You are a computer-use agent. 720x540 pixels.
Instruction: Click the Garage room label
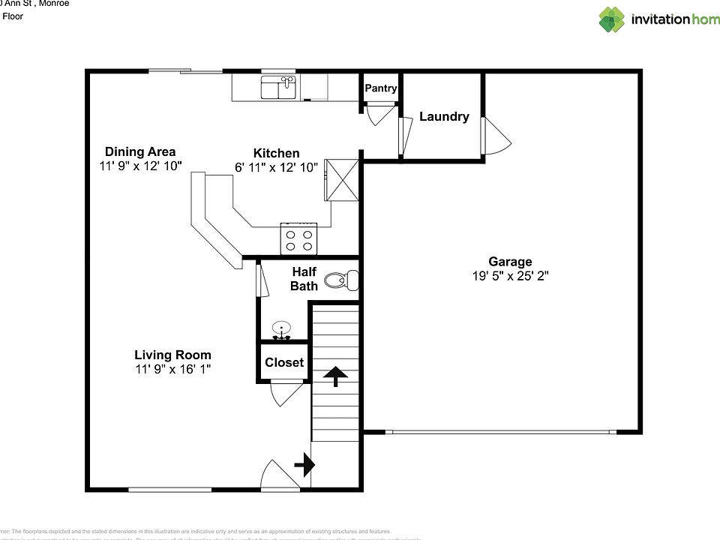pyautogui.click(x=510, y=262)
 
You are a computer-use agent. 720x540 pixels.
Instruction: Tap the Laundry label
pyautogui.click(x=444, y=116)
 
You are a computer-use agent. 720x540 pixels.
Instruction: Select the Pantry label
pyautogui.click(x=380, y=88)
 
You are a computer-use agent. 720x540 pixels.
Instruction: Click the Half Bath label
pyautogui.click(x=304, y=278)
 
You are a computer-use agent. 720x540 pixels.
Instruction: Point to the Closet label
pyautogui.click(x=284, y=362)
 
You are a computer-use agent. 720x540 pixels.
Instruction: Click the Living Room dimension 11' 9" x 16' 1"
pyautogui.click(x=172, y=369)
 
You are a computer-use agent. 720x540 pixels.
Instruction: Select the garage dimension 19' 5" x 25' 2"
pyautogui.click(x=510, y=276)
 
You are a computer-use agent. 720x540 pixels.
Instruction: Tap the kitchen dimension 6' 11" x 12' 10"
pyautogui.click(x=276, y=167)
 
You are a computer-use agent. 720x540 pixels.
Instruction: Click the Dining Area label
pyautogui.click(x=140, y=151)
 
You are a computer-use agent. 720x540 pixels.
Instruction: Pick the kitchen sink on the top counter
pyautogui.click(x=278, y=88)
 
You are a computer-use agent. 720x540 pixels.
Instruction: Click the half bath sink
pyautogui.click(x=281, y=329)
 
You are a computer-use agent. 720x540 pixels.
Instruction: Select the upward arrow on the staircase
pyautogui.click(x=334, y=376)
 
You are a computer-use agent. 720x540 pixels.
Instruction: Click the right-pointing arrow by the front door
pyautogui.click(x=304, y=465)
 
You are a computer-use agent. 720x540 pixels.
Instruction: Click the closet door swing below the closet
pyautogui.click(x=286, y=394)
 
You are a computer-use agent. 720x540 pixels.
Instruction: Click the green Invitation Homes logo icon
pyautogui.click(x=611, y=19)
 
